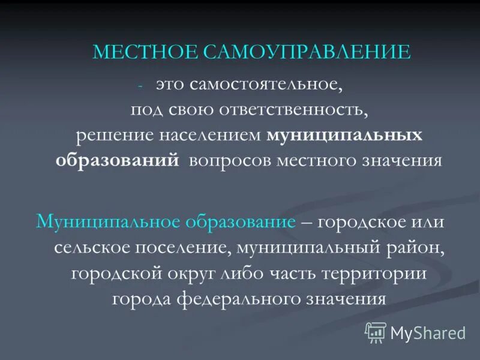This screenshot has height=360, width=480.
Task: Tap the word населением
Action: pos(211,135)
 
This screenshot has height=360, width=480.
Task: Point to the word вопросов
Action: pos(231,161)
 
